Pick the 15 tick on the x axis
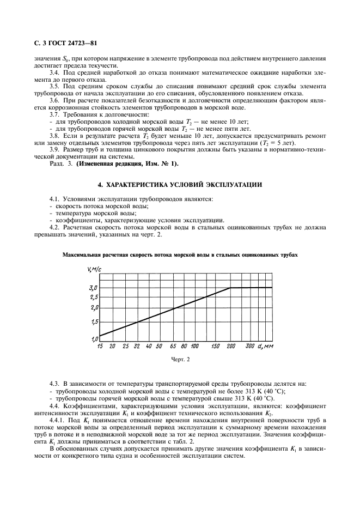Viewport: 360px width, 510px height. pos(100,346)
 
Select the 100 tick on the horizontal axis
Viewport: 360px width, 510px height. pos(195,346)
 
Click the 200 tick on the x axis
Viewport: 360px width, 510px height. pos(231,346)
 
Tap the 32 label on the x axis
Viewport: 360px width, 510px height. pos(137,346)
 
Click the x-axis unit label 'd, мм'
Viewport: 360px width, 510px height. pos(265,346)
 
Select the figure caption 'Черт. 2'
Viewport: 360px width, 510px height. pos(180,360)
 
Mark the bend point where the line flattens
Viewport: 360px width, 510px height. pos(230,287)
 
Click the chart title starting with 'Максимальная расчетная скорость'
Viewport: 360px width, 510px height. pos(180,254)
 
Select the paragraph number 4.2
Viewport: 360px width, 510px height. pos(53,227)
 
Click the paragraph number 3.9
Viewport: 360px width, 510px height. pos(53,150)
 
